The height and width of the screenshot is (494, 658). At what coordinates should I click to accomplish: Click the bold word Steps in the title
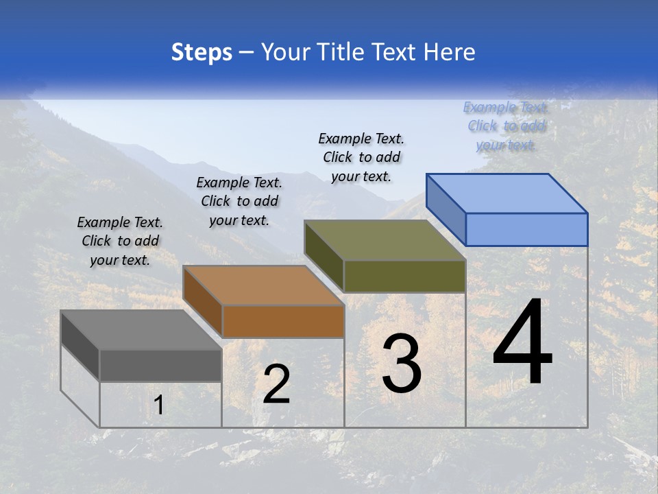(x=202, y=52)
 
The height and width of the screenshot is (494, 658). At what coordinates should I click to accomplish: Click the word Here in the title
(x=449, y=52)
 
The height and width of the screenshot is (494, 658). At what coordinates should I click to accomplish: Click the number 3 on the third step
(x=402, y=364)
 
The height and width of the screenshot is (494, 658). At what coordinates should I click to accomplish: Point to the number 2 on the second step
(x=277, y=384)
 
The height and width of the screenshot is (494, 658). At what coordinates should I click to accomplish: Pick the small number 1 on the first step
(x=158, y=405)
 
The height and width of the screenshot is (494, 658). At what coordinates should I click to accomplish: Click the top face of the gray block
(x=141, y=330)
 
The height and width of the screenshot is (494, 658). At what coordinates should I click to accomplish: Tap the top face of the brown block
(x=263, y=285)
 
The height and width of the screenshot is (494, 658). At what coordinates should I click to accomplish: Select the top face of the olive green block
(x=385, y=240)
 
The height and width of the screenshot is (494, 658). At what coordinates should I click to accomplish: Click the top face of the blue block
(x=507, y=193)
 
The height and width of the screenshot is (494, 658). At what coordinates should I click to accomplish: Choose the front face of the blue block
(x=526, y=229)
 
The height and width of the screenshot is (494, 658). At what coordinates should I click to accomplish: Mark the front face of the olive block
(x=404, y=276)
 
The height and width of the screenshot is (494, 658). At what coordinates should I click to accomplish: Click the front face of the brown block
(x=283, y=321)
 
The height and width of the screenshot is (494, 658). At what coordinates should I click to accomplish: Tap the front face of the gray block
(x=160, y=365)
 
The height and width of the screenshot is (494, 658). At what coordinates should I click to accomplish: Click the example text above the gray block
(x=120, y=241)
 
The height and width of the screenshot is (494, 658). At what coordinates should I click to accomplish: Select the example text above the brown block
(x=239, y=201)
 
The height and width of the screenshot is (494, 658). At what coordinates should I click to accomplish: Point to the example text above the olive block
(x=361, y=157)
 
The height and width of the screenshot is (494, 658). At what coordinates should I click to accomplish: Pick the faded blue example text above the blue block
(x=506, y=126)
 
